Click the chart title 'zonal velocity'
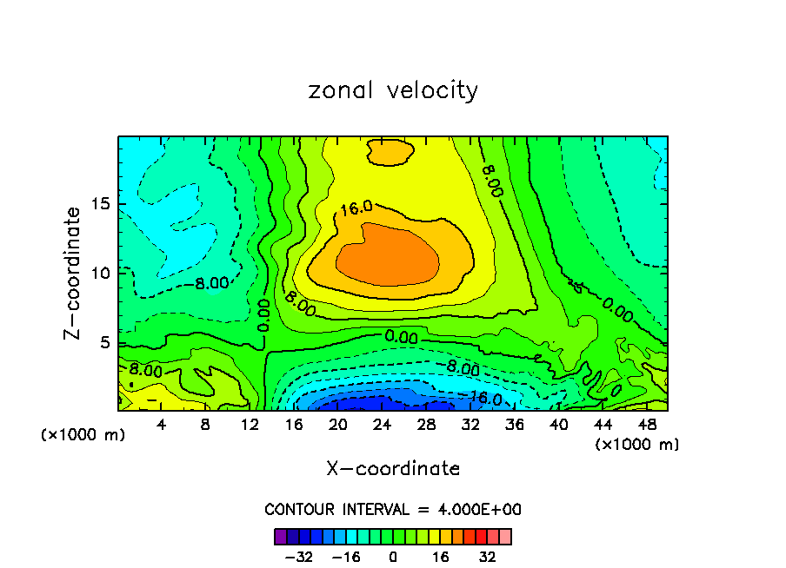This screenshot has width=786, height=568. [x=393, y=90]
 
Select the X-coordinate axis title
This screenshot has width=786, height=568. [x=393, y=469]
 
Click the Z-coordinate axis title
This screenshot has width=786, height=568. [x=74, y=273]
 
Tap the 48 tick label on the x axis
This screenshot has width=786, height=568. [x=647, y=426]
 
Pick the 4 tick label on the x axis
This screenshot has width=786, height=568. [x=162, y=426]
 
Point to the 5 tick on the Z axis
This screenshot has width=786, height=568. [x=103, y=342]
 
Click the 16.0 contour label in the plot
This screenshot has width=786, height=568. [x=356, y=208]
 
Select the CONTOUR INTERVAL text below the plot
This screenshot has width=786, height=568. [x=393, y=510]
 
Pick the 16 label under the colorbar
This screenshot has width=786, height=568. [x=441, y=557]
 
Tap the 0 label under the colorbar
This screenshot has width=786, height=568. [x=393, y=557]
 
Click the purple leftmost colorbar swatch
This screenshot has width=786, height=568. [x=281, y=536]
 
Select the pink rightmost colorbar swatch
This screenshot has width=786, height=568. [x=505, y=536]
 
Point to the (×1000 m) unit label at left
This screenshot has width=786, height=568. [x=83, y=435]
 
